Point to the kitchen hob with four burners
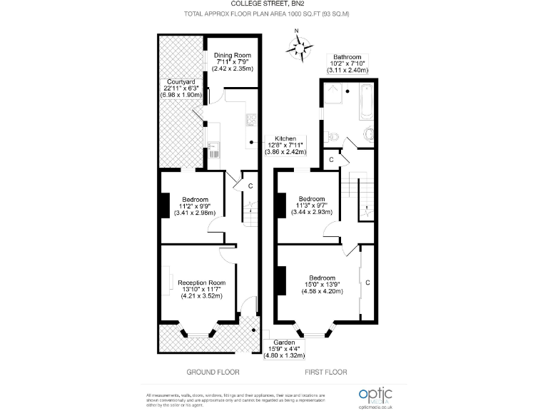251,120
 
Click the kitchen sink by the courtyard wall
213,149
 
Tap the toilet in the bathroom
369,133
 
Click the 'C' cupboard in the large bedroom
367,282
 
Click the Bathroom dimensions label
347,64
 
